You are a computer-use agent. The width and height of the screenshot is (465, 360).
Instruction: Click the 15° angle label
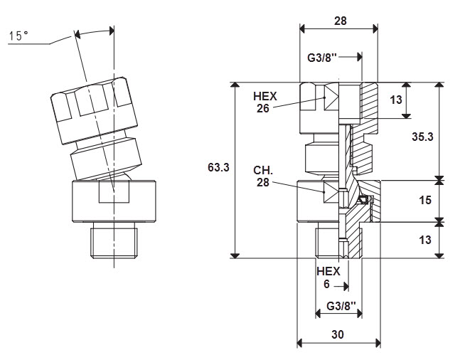point(18,36)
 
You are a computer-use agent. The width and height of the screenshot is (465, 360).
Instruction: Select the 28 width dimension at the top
point(340,21)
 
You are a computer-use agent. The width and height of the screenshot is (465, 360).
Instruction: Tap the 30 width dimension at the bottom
point(338,334)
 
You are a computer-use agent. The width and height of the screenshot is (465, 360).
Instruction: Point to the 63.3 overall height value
point(218,167)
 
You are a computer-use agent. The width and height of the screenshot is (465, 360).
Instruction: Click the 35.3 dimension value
point(422,137)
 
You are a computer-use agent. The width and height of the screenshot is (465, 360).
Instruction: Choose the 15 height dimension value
point(425,201)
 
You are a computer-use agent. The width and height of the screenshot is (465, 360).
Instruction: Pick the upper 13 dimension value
point(396,100)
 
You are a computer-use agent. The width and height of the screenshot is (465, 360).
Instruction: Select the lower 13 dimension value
point(425,240)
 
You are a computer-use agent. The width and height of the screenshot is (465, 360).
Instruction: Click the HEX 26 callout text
point(264,102)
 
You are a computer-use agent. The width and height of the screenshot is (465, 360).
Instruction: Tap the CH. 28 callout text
point(263,176)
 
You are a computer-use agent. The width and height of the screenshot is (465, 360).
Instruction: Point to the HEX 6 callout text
point(328,277)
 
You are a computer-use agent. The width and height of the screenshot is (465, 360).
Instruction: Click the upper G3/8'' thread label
point(322,58)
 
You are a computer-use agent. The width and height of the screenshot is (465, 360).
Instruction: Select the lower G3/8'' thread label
point(341,306)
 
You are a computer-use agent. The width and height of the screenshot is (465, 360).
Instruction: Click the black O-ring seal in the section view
point(363,200)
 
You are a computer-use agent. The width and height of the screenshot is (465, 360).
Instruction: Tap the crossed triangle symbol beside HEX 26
point(331,97)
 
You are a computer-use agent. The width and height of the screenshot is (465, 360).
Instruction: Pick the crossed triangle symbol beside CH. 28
point(331,192)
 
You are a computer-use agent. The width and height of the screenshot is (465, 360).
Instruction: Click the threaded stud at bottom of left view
point(114,240)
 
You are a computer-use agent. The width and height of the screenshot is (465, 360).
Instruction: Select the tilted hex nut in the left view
point(94,110)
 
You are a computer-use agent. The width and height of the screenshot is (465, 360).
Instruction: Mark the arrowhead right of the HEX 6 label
point(345,287)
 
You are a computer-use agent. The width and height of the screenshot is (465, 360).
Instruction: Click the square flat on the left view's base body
point(114,192)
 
